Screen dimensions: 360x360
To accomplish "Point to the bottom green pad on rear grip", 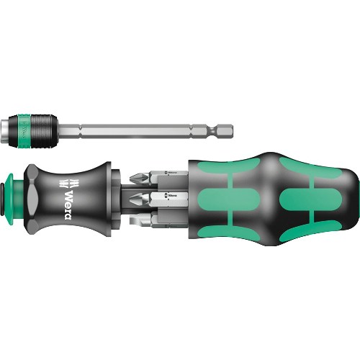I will point(302,228).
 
